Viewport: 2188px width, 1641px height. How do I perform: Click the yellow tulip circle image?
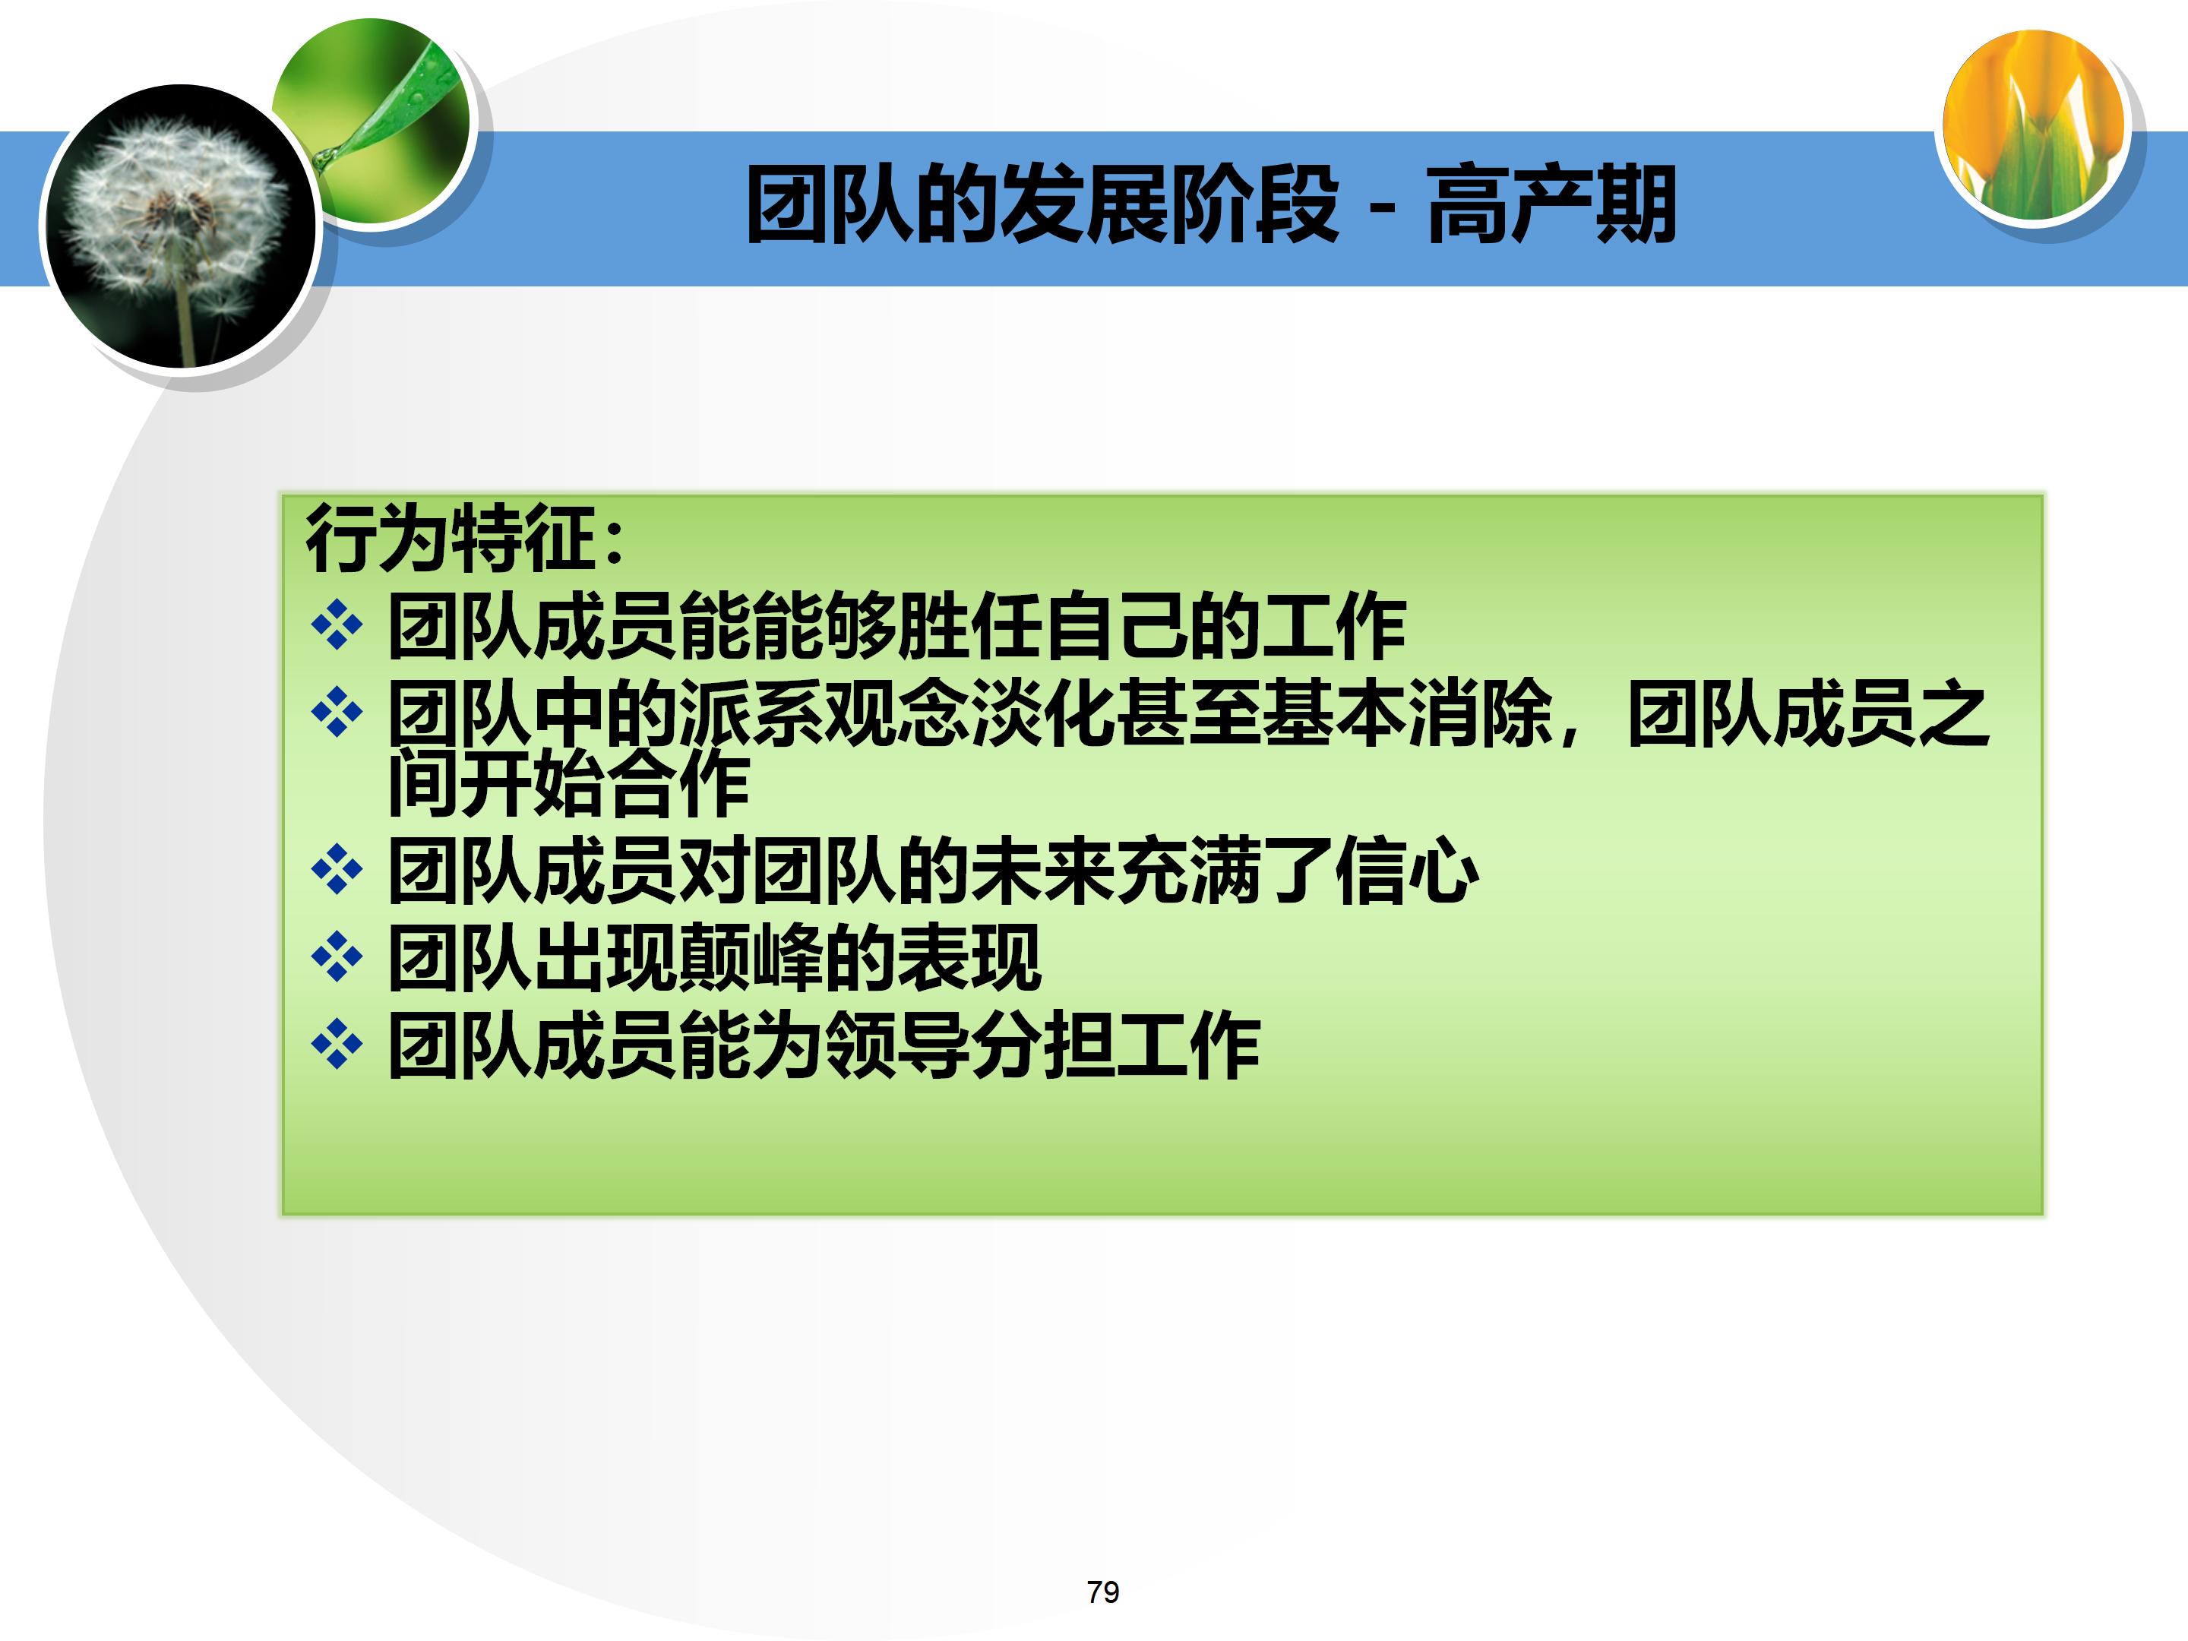point(2034,124)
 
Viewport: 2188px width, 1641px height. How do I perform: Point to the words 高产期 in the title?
point(1551,205)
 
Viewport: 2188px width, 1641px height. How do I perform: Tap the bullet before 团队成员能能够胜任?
point(337,625)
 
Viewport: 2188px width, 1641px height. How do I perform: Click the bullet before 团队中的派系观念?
point(337,711)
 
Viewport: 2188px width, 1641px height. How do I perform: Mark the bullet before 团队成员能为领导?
point(337,1045)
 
